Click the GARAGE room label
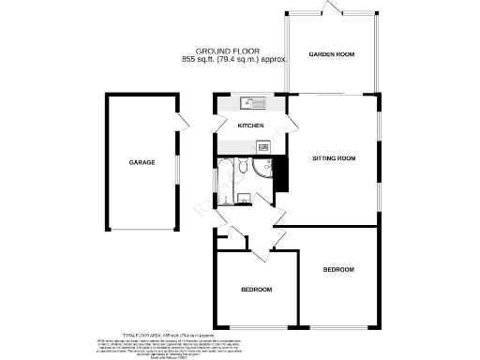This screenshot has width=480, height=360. pyautogui.click(x=142, y=162)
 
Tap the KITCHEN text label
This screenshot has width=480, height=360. pyautogui.click(x=250, y=126)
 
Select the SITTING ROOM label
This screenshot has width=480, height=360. pyautogui.click(x=335, y=158)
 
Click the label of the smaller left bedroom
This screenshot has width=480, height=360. pyautogui.click(x=255, y=290)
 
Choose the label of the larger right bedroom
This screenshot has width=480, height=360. pyautogui.click(x=338, y=270)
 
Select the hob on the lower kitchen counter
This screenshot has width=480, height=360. pyautogui.click(x=263, y=147)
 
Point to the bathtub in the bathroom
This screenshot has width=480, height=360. pyautogui.click(x=226, y=177)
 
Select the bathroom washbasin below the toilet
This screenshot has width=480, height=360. pyautogui.click(x=243, y=196)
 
